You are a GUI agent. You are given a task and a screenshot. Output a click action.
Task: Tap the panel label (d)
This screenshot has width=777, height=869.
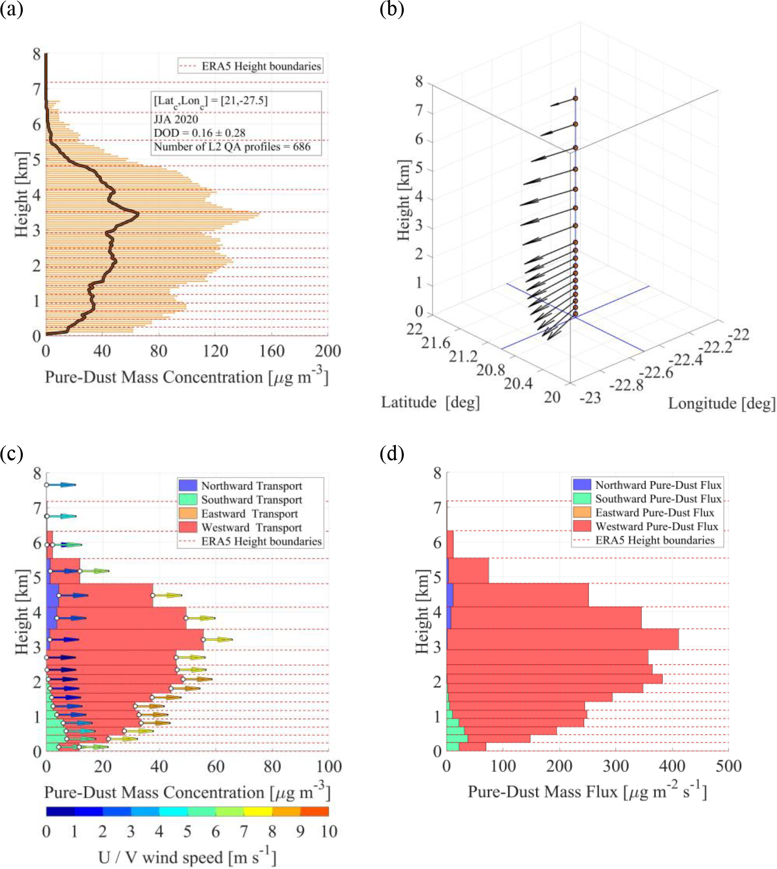[392, 454]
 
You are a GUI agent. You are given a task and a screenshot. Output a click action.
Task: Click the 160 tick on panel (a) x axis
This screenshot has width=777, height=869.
[272, 352]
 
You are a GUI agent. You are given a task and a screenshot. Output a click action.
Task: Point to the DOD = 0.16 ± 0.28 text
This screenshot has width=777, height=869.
[200, 133]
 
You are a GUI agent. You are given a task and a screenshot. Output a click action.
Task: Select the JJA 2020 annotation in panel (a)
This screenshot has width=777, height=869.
[176, 119]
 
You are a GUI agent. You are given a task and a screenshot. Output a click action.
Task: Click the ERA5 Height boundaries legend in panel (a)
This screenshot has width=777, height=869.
[249, 66]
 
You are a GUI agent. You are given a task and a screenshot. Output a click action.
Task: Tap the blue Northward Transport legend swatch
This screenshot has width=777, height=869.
[188, 486]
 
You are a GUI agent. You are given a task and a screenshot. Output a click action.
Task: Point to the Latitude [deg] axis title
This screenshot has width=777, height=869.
[430, 402]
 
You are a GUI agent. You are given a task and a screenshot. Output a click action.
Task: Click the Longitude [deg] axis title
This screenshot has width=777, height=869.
[722, 403]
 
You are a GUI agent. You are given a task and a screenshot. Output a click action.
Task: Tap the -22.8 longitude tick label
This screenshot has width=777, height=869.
[626, 385]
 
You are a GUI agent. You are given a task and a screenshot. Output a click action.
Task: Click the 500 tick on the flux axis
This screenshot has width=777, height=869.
[728, 766]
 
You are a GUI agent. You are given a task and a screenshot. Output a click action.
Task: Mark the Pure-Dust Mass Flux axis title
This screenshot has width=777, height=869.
[587, 791]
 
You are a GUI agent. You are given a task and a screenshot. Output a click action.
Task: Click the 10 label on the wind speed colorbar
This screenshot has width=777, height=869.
[329, 832]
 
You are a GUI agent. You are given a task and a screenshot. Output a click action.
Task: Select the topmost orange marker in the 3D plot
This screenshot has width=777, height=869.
[575, 99]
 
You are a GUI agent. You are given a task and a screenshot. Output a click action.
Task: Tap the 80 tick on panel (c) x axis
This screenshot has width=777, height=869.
[272, 767]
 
